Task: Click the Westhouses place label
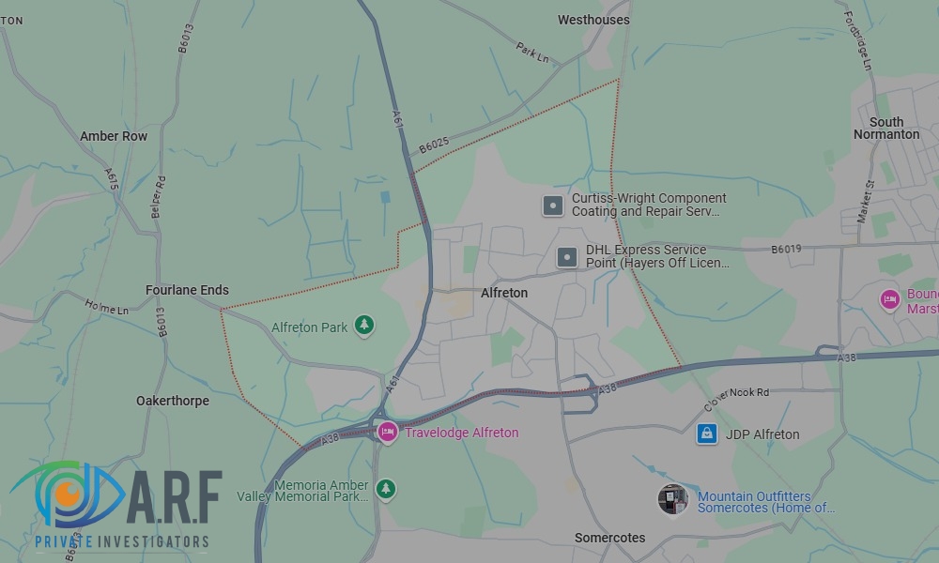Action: pos(593,20)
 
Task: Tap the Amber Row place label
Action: pos(114,136)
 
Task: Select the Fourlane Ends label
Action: pos(187,290)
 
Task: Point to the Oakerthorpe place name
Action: pos(173,401)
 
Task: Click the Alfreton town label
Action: pos(504,293)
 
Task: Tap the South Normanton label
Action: pos(886,129)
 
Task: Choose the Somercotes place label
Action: pos(610,538)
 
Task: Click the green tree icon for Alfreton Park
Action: pos(364,327)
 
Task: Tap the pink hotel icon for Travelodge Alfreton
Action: pos(387,432)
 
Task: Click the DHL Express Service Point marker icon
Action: pos(567,256)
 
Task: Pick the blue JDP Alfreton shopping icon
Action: pos(707,434)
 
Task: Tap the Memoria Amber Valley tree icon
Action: pos(385,489)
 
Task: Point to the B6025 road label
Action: pos(434,145)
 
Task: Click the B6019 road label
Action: pos(786,250)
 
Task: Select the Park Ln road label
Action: pos(532,53)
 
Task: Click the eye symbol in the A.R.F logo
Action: pos(68,495)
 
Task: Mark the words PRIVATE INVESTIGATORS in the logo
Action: pos(121,541)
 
